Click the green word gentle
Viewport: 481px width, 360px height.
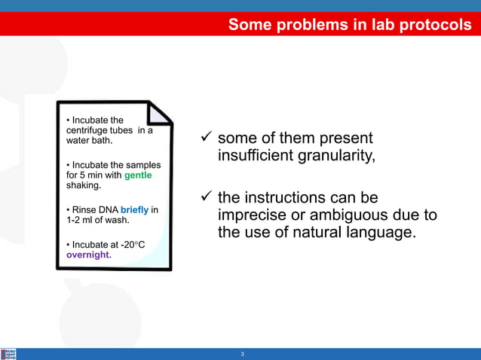click(138, 175)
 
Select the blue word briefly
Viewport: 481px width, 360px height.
click(135, 209)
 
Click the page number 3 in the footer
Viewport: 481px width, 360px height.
click(242, 354)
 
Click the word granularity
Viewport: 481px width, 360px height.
click(332, 156)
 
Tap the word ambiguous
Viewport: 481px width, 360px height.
click(338, 215)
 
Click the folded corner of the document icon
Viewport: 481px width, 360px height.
click(159, 113)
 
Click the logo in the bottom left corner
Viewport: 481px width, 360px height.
click(8, 354)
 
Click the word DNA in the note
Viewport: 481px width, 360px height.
click(106, 209)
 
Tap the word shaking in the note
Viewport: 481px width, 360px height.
click(82, 185)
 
